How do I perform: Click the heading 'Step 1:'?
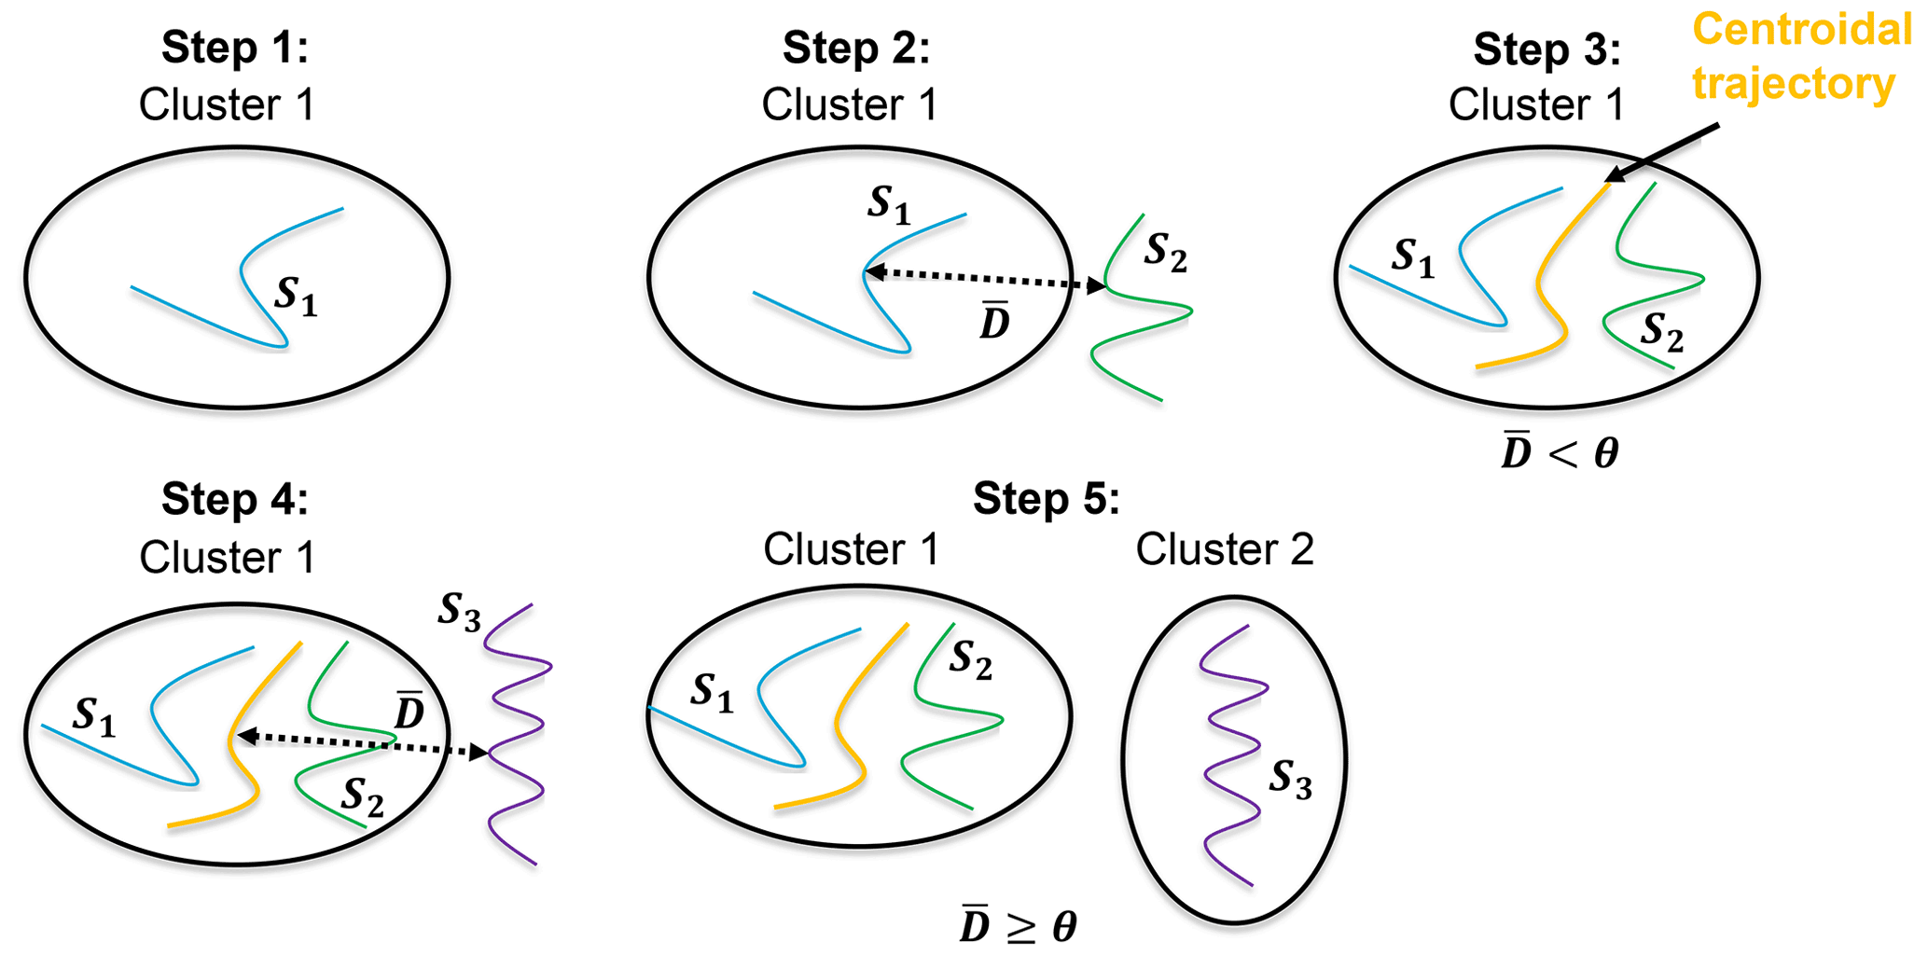(234, 48)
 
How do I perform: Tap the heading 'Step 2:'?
(856, 48)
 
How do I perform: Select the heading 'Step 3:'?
(1547, 49)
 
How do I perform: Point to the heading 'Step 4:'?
(234, 499)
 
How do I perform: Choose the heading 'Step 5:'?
(1046, 499)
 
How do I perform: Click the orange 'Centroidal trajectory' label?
(1800, 56)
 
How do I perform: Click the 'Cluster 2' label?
(1224, 549)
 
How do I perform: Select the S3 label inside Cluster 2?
(1290, 780)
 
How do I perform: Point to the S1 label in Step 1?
(296, 297)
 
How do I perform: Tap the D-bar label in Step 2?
(995, 322)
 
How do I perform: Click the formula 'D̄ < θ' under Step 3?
(1560, 453)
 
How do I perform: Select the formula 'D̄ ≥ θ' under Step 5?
(1019, 925)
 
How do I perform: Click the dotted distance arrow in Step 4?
(364, 744)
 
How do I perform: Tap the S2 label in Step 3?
(1662, 333)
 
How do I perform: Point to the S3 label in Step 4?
(459, 613)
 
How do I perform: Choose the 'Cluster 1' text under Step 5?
(851, 549)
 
